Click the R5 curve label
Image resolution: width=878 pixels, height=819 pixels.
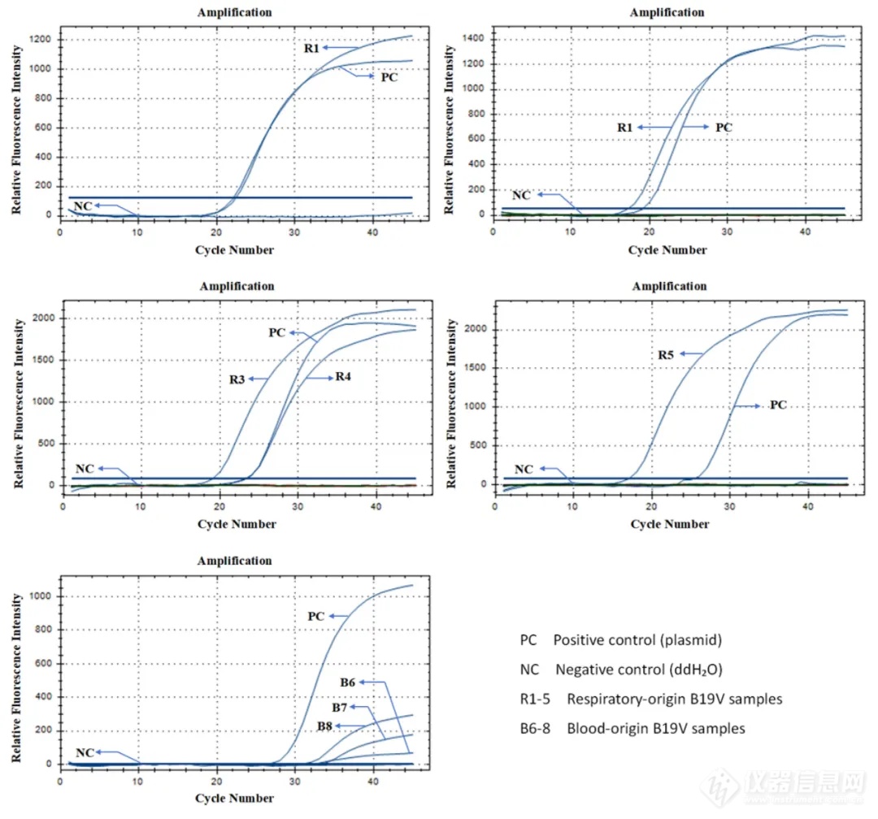pos(667,353)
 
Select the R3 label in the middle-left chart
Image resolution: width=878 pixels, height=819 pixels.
pos(236,379)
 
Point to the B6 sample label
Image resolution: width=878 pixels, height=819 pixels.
pos(348,682)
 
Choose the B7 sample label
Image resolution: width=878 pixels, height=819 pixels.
pos(341,708)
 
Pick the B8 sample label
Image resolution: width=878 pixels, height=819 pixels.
pos(325,726)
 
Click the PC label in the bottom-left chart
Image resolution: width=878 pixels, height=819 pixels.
pos(316,617)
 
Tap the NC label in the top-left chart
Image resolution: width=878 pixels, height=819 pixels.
pos(83,205)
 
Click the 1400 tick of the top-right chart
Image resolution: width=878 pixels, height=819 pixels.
pos(476,39)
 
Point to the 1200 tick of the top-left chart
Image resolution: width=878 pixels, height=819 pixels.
pos(43,40)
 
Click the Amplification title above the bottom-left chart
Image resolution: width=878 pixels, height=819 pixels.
pos(236,561)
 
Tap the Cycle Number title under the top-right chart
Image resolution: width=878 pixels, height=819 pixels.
pos(667,249)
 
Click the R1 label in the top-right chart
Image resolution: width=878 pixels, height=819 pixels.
pos(624,128)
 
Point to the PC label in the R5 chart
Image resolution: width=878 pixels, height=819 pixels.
pos(778,405)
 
